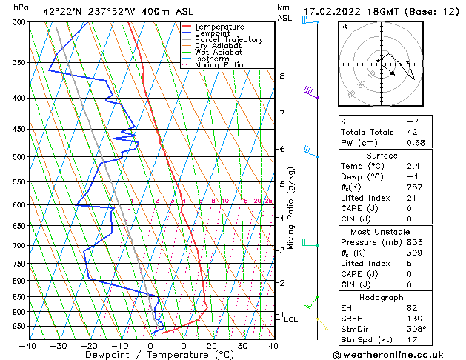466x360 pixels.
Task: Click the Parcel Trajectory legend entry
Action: pos(228,39)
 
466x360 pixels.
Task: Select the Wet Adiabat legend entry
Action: pos(219,53)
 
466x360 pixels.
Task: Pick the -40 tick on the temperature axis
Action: pos(28,345)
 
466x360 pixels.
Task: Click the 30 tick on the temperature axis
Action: pos(242,345)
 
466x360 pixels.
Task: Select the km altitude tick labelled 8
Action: pos(282,76)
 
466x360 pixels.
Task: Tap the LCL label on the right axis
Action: pos(290,320)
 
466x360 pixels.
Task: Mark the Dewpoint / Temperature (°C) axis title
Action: pos(151,356)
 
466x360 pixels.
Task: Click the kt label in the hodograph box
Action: pos(344,27)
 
